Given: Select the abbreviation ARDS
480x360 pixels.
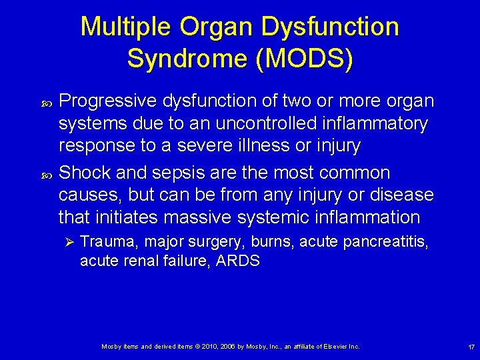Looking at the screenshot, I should (x=238, y=261).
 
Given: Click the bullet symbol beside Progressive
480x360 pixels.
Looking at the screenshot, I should (x=46, y=102).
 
